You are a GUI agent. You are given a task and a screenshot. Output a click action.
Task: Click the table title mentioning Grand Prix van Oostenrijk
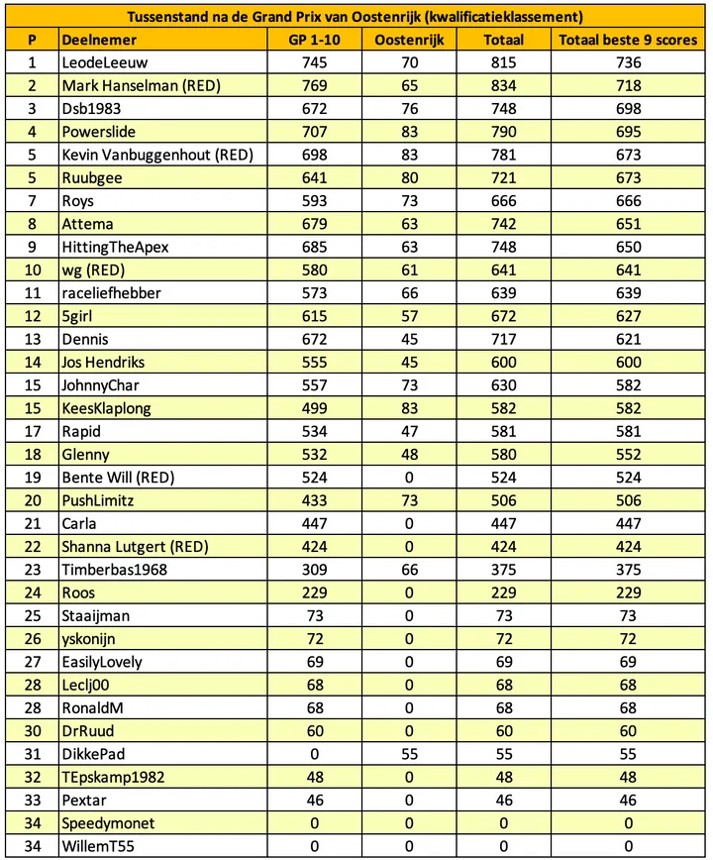pos(356,17)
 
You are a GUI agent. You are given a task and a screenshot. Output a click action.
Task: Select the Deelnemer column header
pos(99,40)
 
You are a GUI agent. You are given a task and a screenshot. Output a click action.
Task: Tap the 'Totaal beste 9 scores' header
pos(628,40)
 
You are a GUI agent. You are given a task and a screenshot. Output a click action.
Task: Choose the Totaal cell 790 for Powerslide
pos(503,132)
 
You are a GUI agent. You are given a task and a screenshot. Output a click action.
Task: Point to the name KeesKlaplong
pos(108,408)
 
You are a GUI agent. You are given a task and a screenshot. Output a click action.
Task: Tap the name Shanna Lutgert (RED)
pos(134,547)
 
